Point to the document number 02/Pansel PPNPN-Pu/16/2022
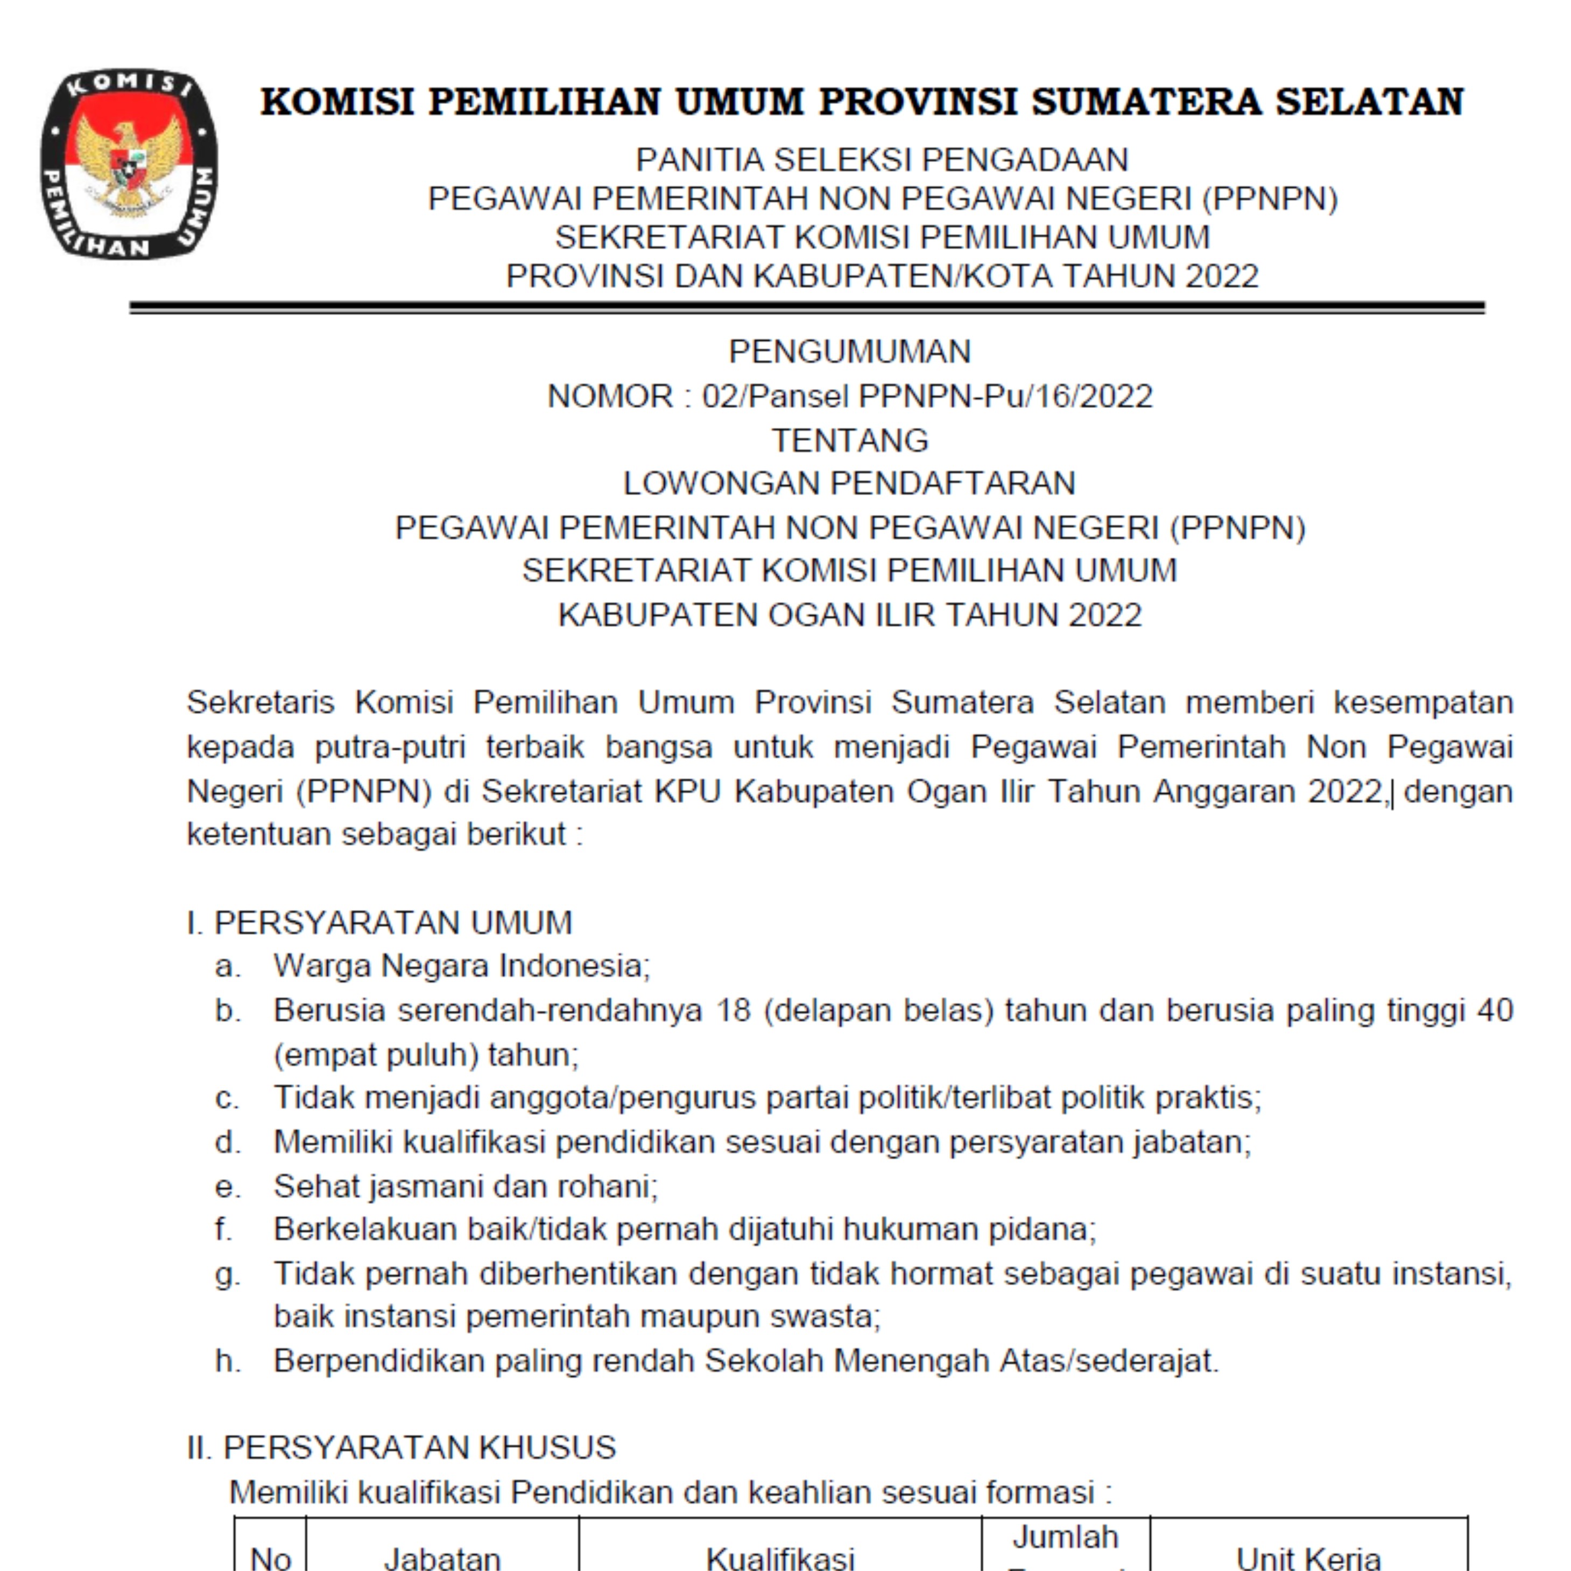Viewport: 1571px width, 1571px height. point(927,397)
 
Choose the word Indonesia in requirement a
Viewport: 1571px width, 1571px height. point(574,966)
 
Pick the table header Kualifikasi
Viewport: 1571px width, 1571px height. point(780,1556)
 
